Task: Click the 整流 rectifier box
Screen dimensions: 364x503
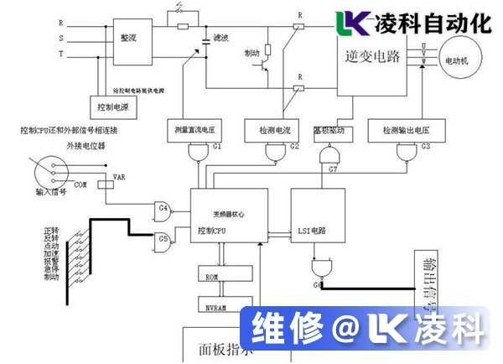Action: point(127,38)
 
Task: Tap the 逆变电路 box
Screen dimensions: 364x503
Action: point(371,57)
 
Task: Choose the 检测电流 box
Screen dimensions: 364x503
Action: point(267,130)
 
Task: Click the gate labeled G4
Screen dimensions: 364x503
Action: point(162,207)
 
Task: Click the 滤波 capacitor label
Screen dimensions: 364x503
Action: point(220,38)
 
